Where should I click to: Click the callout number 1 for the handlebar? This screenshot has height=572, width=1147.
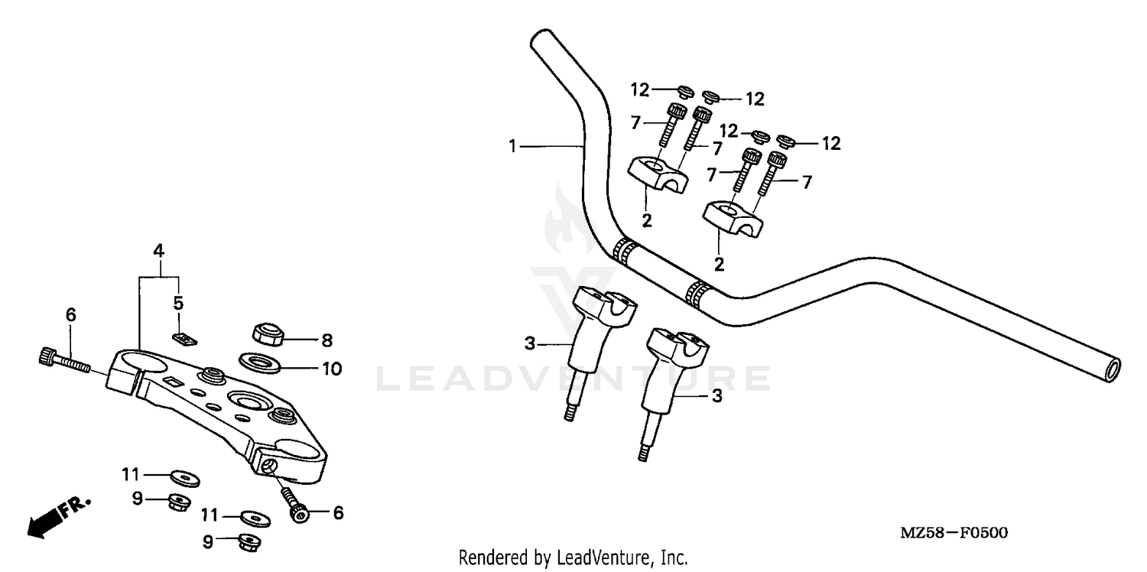pos(514,145)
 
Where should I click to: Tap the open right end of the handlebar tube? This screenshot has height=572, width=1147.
pos(1113,370)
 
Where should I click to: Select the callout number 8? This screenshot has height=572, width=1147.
pos(328,340)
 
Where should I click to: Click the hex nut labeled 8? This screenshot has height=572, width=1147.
pos(267,333)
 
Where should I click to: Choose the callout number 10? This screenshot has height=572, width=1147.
pos(331,369)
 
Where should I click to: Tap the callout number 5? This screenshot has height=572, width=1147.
pos(177,302)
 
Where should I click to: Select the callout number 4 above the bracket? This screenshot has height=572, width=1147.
pos(158,250)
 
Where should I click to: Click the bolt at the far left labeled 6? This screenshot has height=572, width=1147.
pos(61,359)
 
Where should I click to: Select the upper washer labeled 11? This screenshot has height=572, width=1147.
pos(184,478)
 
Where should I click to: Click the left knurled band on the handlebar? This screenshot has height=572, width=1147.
pos(626,252)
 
